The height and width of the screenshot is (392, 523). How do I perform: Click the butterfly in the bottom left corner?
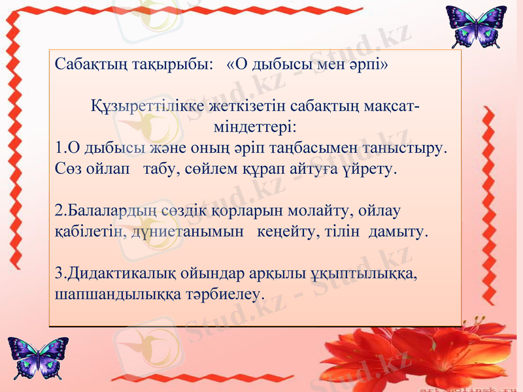pos(38,357)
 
